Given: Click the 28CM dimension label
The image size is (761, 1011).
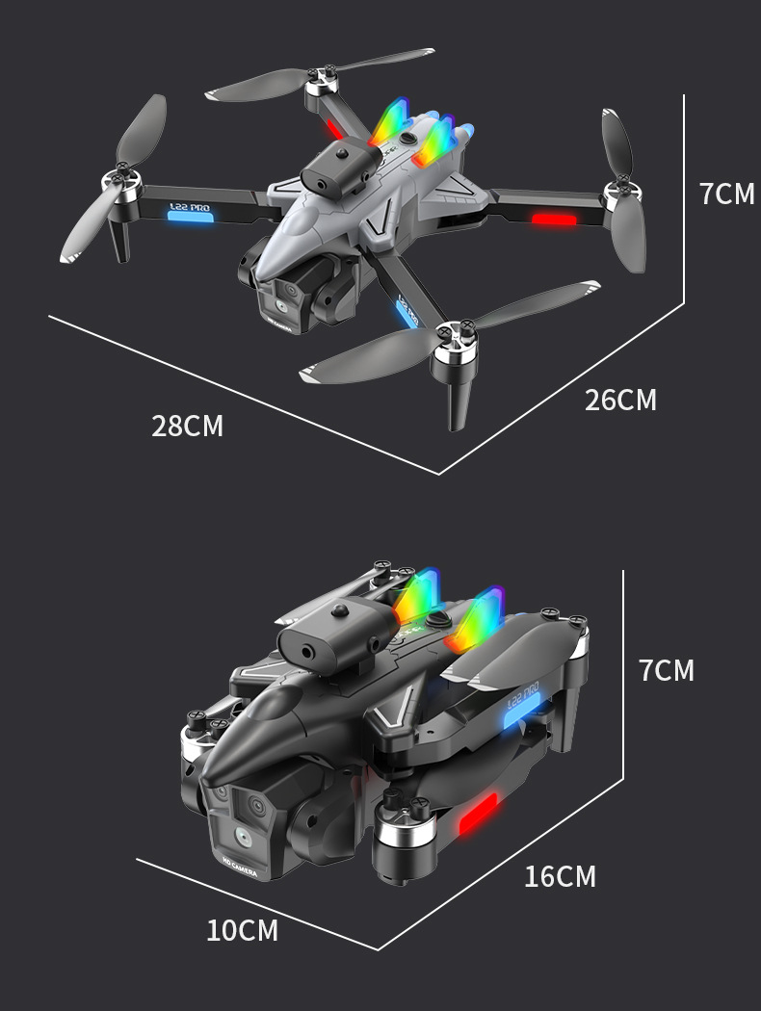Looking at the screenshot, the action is [187, 426].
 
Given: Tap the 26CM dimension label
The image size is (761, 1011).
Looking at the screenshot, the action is [620, 401].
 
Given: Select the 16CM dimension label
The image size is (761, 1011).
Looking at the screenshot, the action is [560, 877].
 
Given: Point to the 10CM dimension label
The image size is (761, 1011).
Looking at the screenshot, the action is [242, 931].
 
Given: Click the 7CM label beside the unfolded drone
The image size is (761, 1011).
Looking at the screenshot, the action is [727, 194].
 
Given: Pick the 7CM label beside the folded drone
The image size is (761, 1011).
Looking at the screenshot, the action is [666, 671].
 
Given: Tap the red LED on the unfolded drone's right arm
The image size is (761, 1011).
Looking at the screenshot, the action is [554, 220].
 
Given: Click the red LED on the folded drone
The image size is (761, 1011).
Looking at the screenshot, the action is [478, 815].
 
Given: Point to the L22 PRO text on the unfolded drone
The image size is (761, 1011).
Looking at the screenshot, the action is [188, 204].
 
